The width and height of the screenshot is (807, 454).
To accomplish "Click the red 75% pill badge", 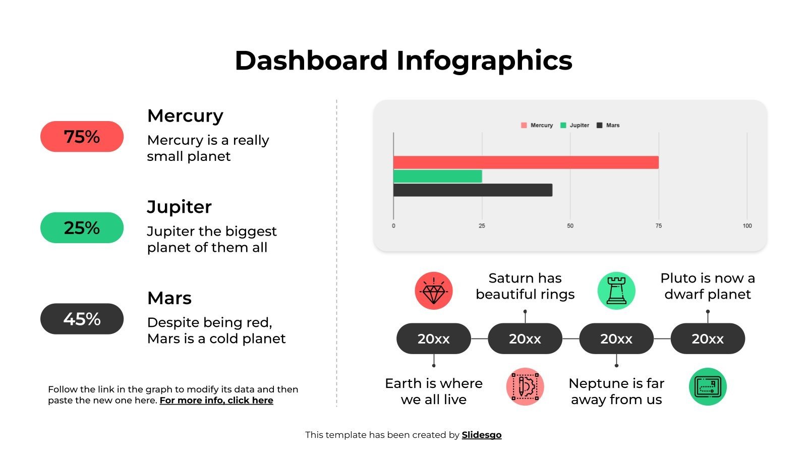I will click(x=82, y=137).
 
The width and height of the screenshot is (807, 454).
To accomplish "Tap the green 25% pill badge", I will click(x=82, y=228).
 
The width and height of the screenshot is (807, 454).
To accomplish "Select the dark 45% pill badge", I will click(x=82, y=319).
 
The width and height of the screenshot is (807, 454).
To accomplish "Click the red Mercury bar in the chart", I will click(x=526, y=162).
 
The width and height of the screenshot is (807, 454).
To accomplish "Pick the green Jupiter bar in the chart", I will click(x=437, y=176).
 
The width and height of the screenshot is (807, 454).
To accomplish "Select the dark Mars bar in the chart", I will click(x=473, y=190).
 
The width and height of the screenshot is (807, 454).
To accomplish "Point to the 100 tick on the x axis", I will click(x=747, y=225).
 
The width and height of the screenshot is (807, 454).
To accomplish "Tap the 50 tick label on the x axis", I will click(x=570, y=225).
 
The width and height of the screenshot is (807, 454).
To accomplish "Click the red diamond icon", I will click(x=433, y=291).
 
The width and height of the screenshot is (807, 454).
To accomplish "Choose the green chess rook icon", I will click(x=616, y=291).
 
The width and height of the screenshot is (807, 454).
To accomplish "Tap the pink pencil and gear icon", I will click(x=525, y=386).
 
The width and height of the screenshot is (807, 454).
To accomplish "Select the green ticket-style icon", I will click(x=708, y=386).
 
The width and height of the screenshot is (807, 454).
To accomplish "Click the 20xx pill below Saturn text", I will click(x=525, y=339).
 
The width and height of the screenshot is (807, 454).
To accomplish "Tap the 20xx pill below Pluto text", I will click(x=708, y=339).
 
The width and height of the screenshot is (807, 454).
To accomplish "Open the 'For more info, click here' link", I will click(x=216, y=401).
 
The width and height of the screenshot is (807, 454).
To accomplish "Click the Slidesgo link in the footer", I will click(x=482, y=435).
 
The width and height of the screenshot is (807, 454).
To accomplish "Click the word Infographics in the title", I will click(x=484, y=61).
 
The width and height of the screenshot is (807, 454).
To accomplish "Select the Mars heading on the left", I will click(x=169, y=298).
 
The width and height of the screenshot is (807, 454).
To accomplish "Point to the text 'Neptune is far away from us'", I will click(x=616, y=391).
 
